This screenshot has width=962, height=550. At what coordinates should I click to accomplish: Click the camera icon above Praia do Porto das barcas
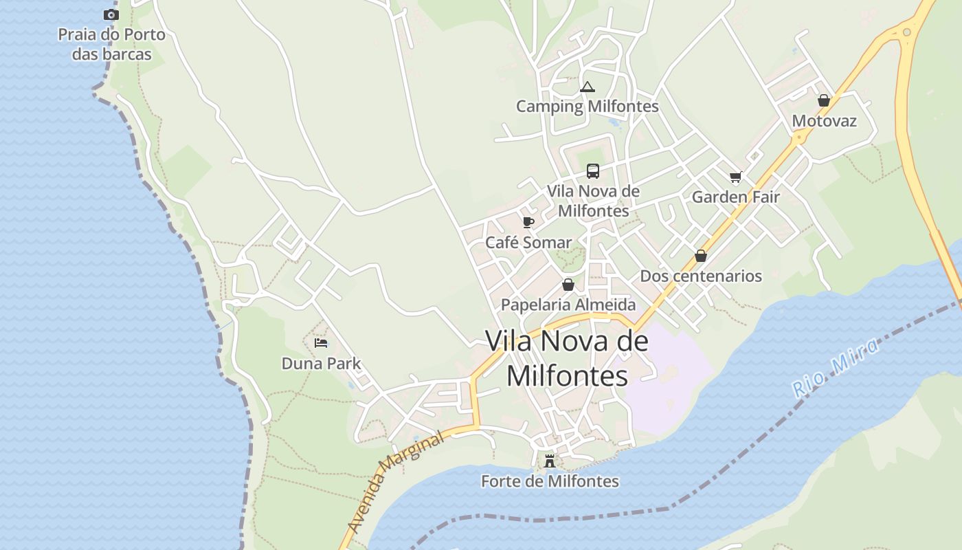coord(111,14)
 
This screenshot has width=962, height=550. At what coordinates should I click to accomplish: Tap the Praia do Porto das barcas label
coord(111,44)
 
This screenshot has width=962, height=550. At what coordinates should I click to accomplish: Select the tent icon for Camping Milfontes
coord(587,87)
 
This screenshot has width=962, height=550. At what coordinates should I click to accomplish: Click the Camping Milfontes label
coord(587,107)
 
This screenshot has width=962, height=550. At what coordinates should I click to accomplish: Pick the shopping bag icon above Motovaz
coord(824,100)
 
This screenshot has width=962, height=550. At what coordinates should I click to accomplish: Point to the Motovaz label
coord(824,121)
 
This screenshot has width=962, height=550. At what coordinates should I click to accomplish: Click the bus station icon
coord(592,171)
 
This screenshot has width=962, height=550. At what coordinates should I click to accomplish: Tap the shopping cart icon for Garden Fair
coord(736,177)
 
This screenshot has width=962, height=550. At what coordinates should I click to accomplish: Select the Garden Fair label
coord(735,197)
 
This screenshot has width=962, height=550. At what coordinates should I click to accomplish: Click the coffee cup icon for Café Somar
coord(528,222)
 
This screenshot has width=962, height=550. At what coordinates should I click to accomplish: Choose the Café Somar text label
coord(528,243)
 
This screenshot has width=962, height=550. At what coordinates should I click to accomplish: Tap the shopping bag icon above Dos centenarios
coord(701,256)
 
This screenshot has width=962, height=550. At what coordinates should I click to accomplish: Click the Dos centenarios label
coord(701,276)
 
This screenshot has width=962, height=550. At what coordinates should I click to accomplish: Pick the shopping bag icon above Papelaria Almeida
coord(568,285)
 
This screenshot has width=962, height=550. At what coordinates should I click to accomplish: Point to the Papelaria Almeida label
coord(568,305)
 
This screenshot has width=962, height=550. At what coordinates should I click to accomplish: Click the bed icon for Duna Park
coord(321,343)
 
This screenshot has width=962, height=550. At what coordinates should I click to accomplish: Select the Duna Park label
coord(321,364)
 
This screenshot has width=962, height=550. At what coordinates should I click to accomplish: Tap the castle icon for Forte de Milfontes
coord(550,461)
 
